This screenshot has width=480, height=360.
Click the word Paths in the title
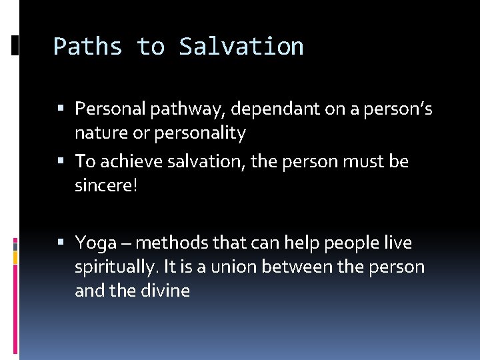tap(88, 47)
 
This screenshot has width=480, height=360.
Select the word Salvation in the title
tap(241, 47)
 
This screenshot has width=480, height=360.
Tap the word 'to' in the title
tap(151, 47)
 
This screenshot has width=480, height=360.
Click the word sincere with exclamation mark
tap(106, 186)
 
